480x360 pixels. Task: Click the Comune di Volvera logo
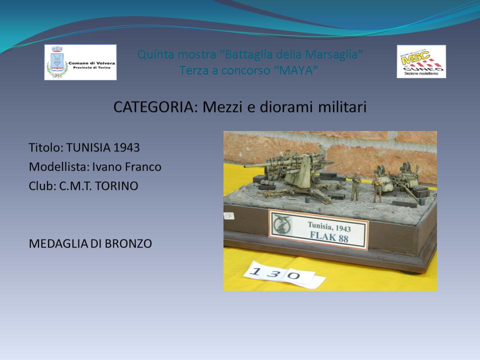[80, 62]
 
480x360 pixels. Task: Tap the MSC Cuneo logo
[421, 61]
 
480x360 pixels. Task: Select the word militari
[342, 107]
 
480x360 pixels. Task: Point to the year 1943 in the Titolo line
[126, 147]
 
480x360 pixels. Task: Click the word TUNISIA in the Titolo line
[88, 147]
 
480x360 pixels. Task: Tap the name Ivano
[107, 167]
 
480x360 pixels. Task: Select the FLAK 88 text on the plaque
[329, 236]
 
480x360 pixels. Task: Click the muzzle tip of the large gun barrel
[245, 166]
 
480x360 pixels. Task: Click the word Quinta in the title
[156, 54]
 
